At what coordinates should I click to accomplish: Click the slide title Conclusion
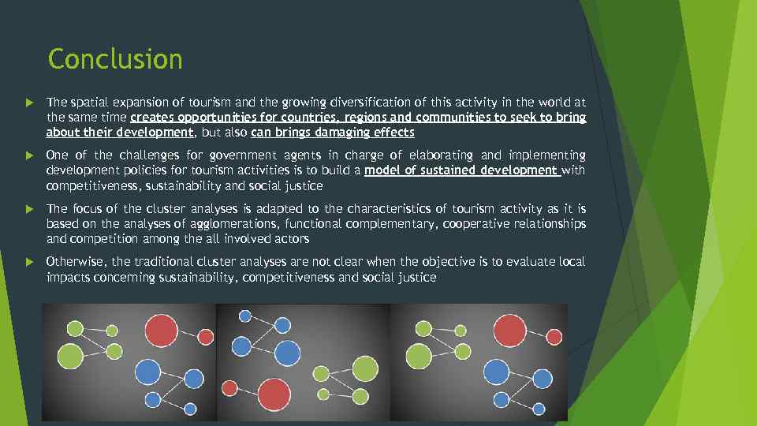[x=115, y=59]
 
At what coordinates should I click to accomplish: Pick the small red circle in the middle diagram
[x=230, y=388]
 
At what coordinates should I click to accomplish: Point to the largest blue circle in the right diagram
[x=496, y=371]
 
